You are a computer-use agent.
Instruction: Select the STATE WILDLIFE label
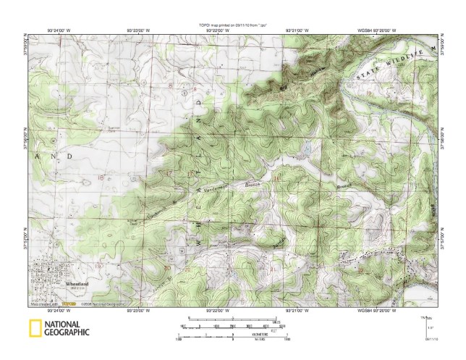tap(391, 64)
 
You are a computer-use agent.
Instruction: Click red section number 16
tap(277, 177)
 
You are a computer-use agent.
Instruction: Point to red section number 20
tap(168, 267)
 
